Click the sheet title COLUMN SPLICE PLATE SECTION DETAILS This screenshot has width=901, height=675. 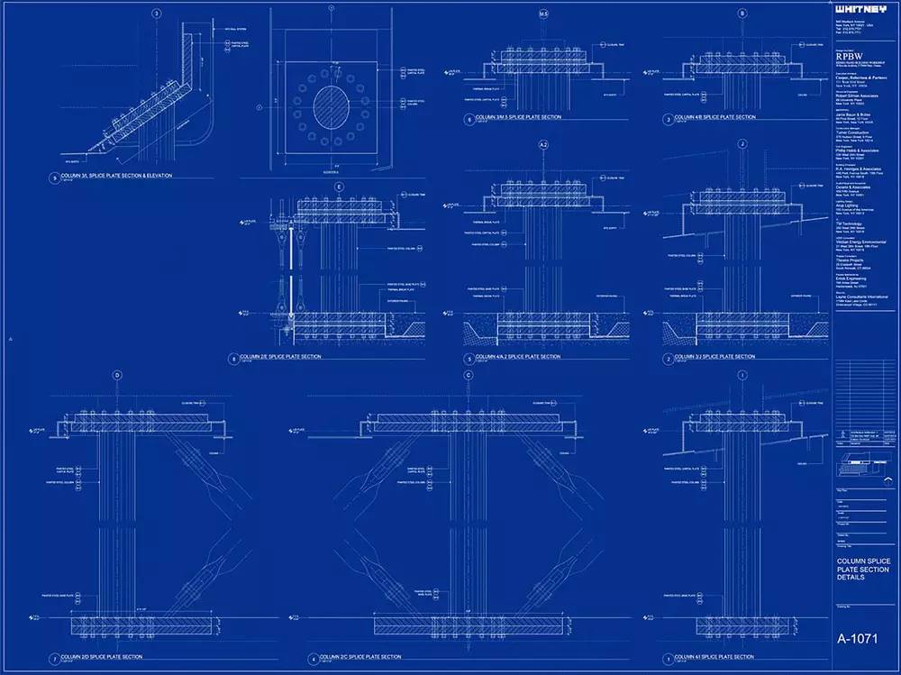[863, 569]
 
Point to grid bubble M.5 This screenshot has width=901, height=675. [543, 14]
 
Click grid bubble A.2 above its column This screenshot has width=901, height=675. [543, 144]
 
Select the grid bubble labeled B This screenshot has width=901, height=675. [742, 14]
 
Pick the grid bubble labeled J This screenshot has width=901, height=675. [742, 144]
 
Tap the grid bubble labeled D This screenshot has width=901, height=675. [116, 375]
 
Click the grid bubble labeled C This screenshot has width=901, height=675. [469, 375]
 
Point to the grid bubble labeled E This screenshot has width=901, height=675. [339, 187]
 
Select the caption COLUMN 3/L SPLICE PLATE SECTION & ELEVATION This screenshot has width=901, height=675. [112, 176]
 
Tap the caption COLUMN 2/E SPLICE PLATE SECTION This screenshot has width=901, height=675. [278, 357]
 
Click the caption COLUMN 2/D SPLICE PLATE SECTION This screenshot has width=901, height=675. [102, 656]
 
